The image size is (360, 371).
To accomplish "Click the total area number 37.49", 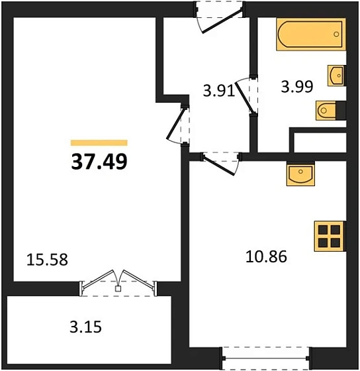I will [x=99, y=161].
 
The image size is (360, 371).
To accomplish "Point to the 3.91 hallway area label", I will [x=218, y=91].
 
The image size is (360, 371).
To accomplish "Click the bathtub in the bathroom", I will [x=311, y=34].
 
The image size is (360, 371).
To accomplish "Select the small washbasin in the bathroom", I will [x=337, y=76].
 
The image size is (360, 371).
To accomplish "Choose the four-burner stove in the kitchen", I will [x=330, y=235].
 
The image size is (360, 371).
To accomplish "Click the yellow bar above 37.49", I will [x=99, y=142].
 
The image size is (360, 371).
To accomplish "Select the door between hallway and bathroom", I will [x=251, y=95].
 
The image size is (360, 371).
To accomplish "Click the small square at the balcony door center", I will [x=118, y=289].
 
